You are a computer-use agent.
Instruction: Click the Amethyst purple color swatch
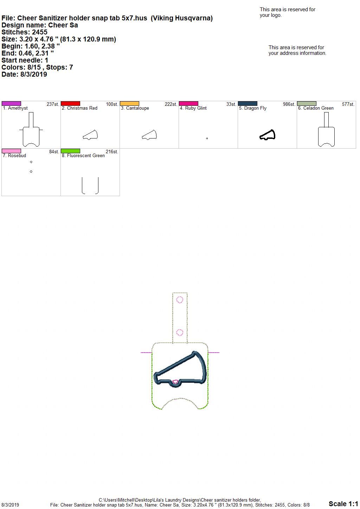[11, 103]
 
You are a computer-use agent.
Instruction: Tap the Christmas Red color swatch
[70, 103]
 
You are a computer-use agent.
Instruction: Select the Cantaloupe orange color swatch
[129, 103]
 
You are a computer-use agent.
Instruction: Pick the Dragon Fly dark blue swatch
[248, 103]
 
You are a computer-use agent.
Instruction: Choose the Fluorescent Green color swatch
[70, 151]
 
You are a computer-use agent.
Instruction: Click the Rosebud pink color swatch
[11, 151]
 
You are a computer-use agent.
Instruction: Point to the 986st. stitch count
[289, 104]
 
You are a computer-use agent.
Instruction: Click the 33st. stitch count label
[231, 104]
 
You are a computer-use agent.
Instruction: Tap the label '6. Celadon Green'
[316, 108]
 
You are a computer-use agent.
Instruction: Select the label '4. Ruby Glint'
[193, 108]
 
